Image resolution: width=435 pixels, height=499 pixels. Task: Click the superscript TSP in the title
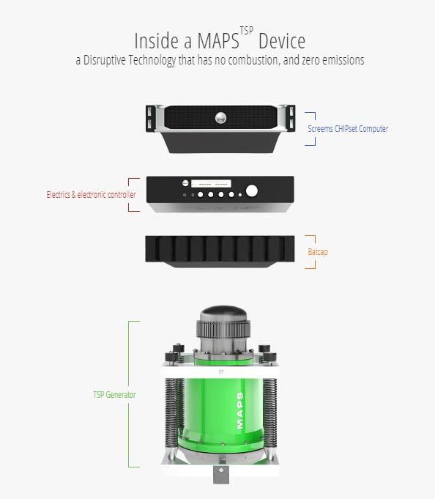(x=247, y=31)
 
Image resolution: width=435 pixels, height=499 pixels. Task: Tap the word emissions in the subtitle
(x=344, y=60)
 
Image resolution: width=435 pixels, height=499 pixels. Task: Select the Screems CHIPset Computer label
(x=348, y=128)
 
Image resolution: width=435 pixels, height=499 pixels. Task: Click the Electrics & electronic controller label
(x=92, y=194)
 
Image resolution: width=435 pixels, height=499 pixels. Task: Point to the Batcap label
(x=318, y=252)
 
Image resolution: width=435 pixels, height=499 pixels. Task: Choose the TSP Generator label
(x=114, y=395)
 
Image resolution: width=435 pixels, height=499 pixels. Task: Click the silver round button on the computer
(x=220, y=118)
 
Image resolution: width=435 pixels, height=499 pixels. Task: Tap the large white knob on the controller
(x=251, y=191)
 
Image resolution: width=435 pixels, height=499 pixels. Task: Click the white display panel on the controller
(x=211, y=184)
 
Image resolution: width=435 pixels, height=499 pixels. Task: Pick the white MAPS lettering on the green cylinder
(x=240, y=410)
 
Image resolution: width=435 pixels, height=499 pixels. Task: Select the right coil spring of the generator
(x=270, y=412)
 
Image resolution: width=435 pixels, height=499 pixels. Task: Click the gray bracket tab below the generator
(x=221, y=475)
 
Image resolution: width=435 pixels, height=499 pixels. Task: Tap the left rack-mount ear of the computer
(x=150, y=119)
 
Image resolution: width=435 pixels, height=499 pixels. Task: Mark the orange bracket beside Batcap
(x=311, y=252)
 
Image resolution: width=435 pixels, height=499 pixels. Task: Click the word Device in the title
(x=282, y=41)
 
